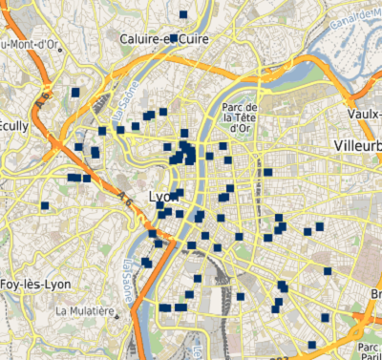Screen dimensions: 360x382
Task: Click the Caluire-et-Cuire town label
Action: [x=165, y=38]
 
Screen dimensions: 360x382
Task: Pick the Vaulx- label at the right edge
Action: [x=366, y=114]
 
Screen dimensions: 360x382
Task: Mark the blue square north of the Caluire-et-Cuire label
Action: [x=182, y=14]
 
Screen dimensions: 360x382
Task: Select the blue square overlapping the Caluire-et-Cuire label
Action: [x=173, y=36]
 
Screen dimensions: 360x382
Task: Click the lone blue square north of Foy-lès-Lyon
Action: [x=45, y=205]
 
